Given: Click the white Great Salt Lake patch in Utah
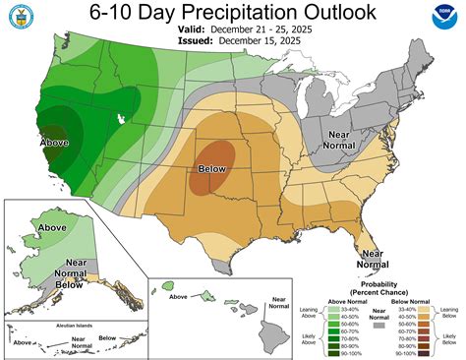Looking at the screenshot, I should (120, 117).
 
